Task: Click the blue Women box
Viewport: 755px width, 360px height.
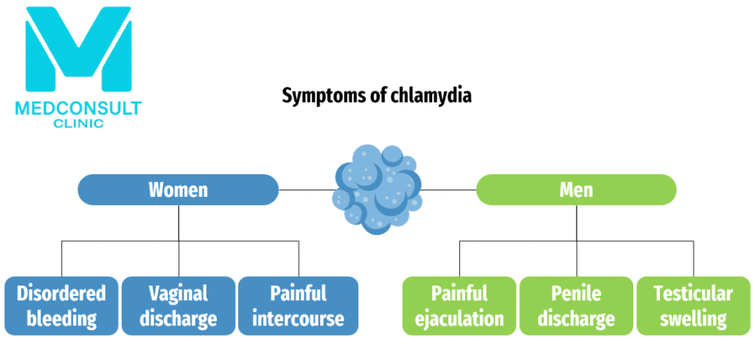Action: point(178,190)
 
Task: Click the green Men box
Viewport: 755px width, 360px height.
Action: point(576,190)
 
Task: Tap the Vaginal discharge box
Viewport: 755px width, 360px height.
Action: point(179,305)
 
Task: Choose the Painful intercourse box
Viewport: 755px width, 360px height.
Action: point(298,305)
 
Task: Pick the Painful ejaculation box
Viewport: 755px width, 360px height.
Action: point(459,305)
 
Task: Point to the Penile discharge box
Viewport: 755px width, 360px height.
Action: point(577,305)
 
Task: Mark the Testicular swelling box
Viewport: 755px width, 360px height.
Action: point(693,305)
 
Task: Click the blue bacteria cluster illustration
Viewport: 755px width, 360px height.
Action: point(377,188)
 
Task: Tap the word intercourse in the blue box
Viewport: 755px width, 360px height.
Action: point(298,319)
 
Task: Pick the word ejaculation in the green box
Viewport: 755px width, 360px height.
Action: point(459,319)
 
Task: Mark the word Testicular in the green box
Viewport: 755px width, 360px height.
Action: point(693,293)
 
